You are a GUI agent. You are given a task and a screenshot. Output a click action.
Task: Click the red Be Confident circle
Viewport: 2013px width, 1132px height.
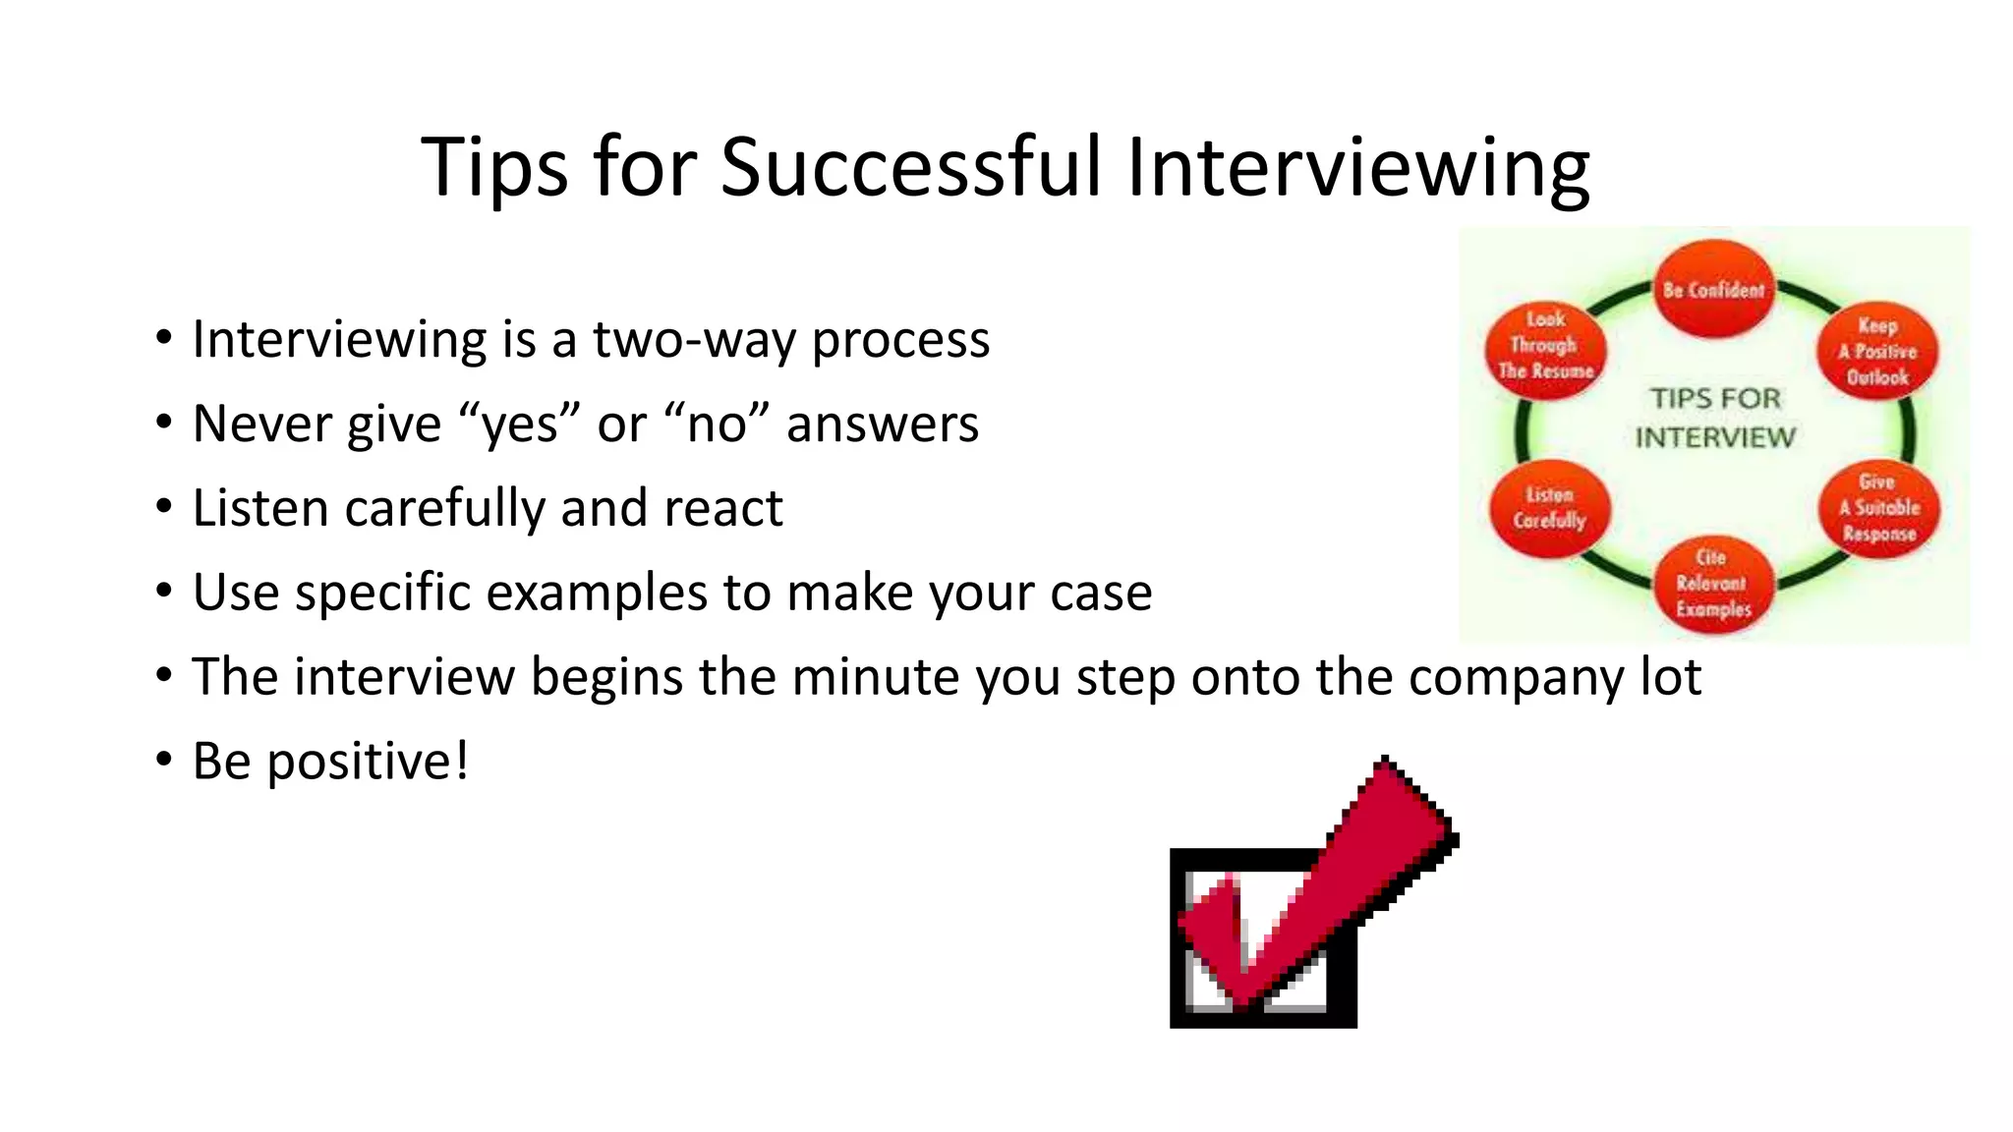[1713, 289]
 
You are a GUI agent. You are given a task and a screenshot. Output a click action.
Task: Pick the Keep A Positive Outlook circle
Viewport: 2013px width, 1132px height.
[1877, 351]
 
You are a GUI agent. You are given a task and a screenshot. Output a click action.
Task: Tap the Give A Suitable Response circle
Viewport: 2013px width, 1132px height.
[1879, 508]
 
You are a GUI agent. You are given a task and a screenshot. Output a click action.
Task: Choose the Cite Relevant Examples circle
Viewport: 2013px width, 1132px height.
[1713, 584]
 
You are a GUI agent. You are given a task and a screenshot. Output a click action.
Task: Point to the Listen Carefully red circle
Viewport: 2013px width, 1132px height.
[1549, 508]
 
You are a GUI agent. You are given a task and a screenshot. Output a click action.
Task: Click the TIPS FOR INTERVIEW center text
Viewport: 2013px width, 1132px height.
[1715, 418]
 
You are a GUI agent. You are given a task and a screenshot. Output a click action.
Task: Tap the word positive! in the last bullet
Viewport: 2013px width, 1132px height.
[368, 763]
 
